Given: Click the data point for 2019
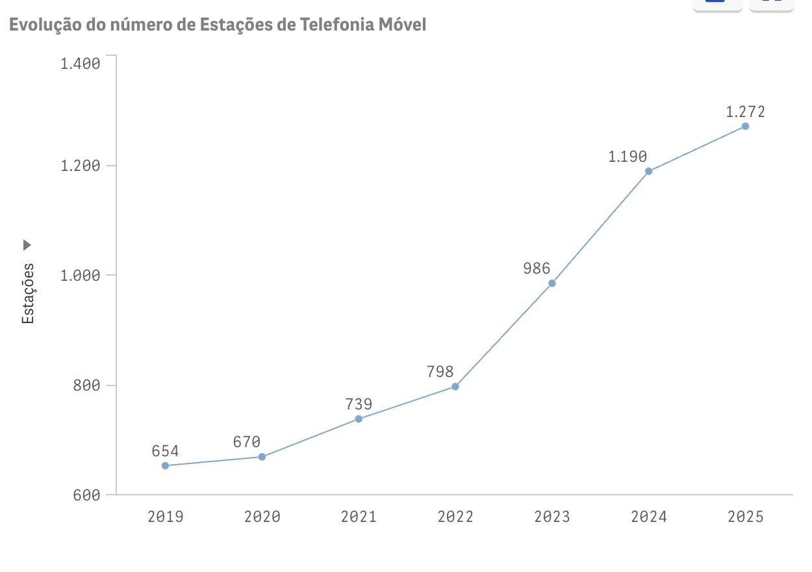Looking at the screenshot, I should click(165, 465).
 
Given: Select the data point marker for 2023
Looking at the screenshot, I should click(552, 283).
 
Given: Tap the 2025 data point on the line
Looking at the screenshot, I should click(745, 126).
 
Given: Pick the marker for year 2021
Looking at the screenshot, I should click(359, 419).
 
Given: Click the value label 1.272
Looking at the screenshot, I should click(745, 112).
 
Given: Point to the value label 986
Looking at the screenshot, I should click(537, 268).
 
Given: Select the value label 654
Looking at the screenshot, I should click(165, 451).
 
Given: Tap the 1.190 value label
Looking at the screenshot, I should click(628, 157).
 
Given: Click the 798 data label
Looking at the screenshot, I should click(440, 372).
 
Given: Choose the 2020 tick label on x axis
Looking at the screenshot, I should click(262, 517).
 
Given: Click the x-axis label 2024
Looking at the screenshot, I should click(648, 517).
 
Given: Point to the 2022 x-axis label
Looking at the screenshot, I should click(455, 517).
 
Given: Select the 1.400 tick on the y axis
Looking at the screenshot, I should click(80, 64).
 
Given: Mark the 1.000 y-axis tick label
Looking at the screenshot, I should click(80, 275).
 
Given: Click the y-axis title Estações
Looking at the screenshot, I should click(28, 293).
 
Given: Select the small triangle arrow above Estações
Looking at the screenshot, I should click(27, 245).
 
